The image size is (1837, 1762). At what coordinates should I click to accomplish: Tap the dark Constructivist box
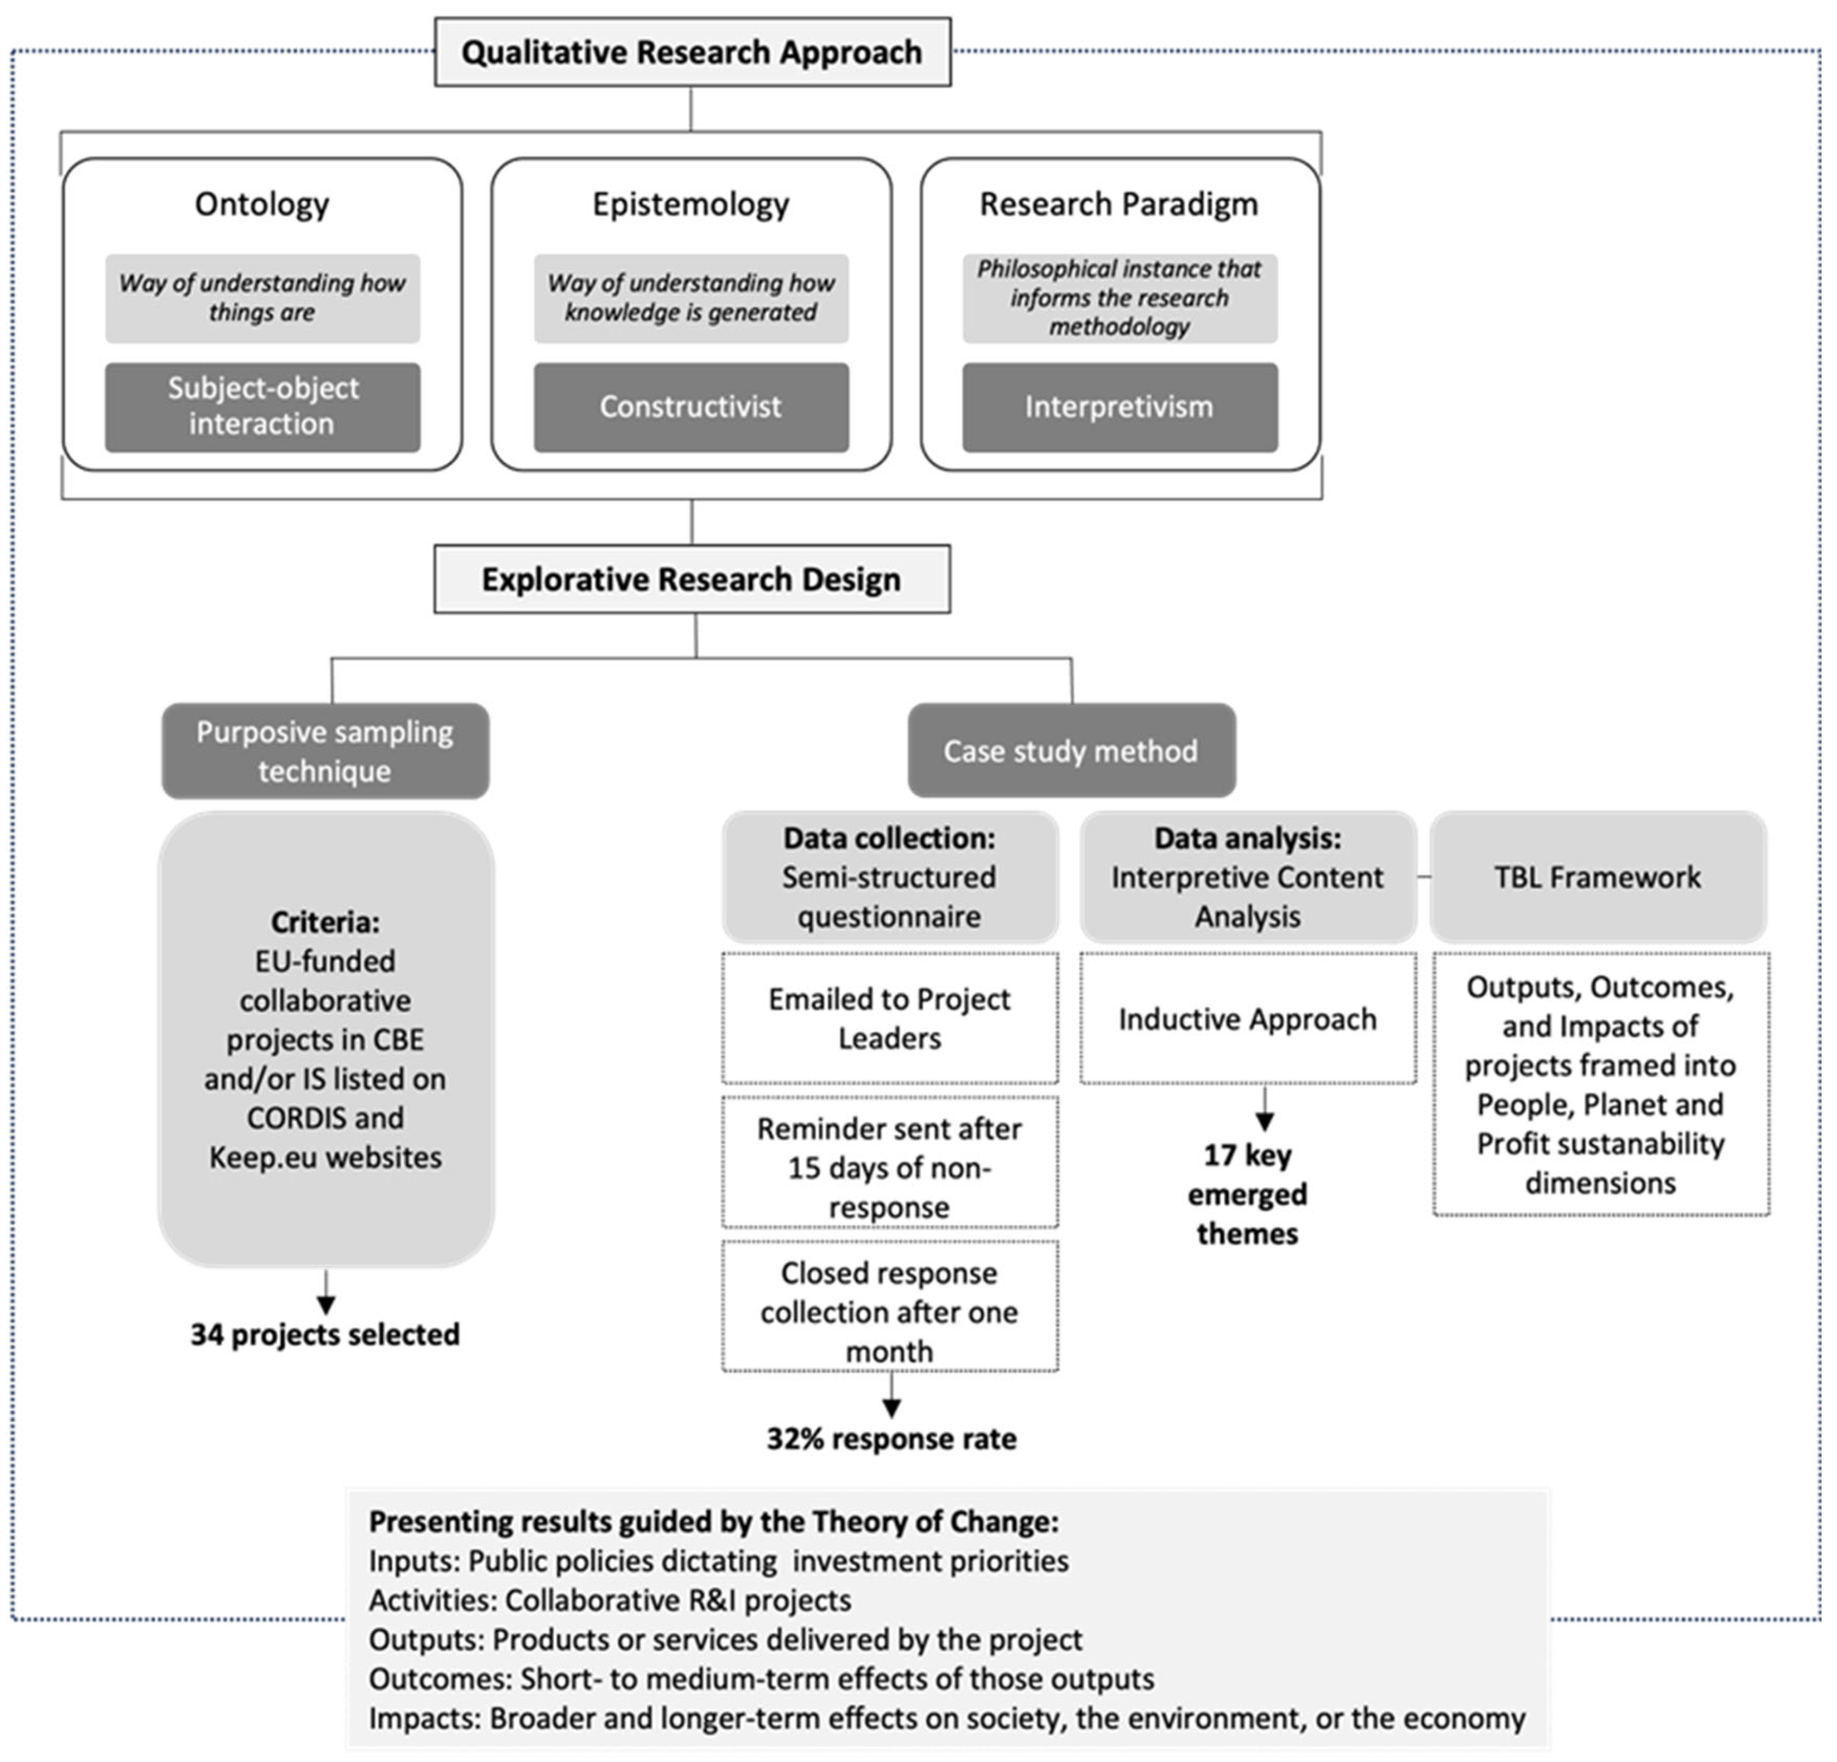tap(691, 407)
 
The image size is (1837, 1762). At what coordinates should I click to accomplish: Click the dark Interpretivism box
tap(1119, 407)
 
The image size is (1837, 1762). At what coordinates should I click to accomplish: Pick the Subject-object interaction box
tap(262, 407)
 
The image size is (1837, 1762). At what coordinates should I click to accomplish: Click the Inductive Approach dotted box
tap(1248, 1019)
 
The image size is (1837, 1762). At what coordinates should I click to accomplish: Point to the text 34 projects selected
tap(325, 1335)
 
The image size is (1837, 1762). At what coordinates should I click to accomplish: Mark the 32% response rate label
tap(891, 1439)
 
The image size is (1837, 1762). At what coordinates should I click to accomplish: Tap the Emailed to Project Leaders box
tap(889, 1019)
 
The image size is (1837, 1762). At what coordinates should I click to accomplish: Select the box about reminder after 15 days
tap(889, 1167)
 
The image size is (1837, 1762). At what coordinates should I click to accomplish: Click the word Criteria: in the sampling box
tap(325, 922)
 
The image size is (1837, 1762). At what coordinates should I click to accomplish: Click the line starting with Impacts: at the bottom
tap(947, 1719)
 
